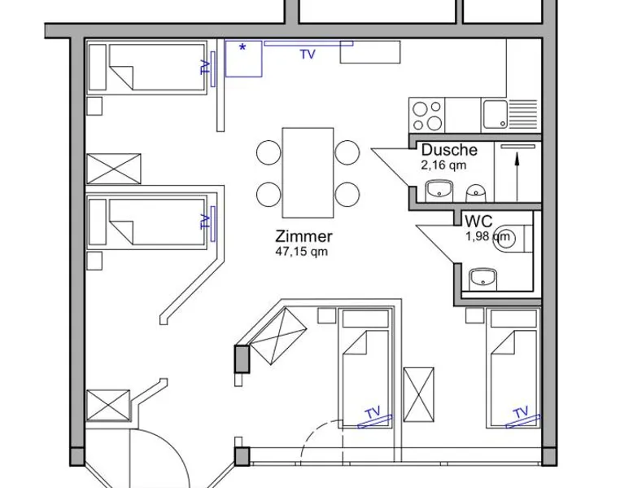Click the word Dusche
coord(449,150)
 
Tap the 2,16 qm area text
coord(443,165)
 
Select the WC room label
coord(478,222)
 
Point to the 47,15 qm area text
coord(301,252)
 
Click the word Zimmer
coord(303,236)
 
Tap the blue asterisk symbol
coord(242,48)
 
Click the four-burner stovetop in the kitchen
coord(426,115)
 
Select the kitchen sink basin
coord(495,114)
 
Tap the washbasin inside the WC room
coord(482,279)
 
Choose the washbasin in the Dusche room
coord(439,190)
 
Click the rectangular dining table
coord(308,173)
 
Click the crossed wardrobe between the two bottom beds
coord(419,394)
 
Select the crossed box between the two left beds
coord(114,169)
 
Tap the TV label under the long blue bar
coord(308,55)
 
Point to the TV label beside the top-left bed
coord(206,67)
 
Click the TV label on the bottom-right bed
coord(522,413)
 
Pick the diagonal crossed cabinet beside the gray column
coord(277,336)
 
